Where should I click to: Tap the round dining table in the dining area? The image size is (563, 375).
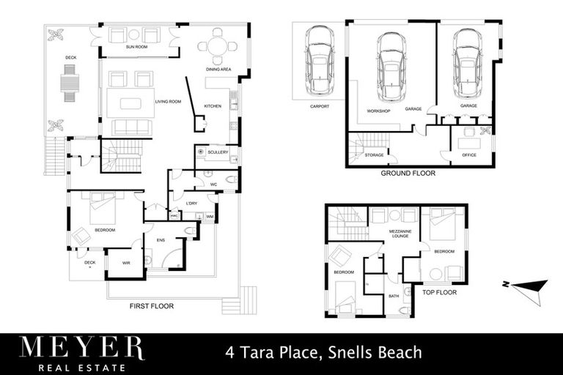pyautogui.click(x=217, y=46)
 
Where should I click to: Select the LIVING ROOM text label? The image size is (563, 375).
pyautogui.click(x=168, y=102)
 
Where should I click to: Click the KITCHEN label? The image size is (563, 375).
pyautogui.click(x=213, y=106)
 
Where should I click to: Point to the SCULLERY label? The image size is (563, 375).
pyautogui.click(x=218, y=152)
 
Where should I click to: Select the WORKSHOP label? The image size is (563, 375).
pyautogui.click(x=378, y=111)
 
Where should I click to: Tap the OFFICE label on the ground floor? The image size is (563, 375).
pyautogui.click(x=469, y=155)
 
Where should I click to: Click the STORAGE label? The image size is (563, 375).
pyautogui.click(x=374, y=155)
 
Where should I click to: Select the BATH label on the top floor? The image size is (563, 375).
pyautogui.click(x=394, y=296)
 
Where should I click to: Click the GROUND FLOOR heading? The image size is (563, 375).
pyautogui.click(x=408, y=174)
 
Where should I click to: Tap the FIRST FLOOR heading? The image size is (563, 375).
pyautogui.click(x=152, y=305)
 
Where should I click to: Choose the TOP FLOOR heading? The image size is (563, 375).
pyautogui.click(x=440, y=292)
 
